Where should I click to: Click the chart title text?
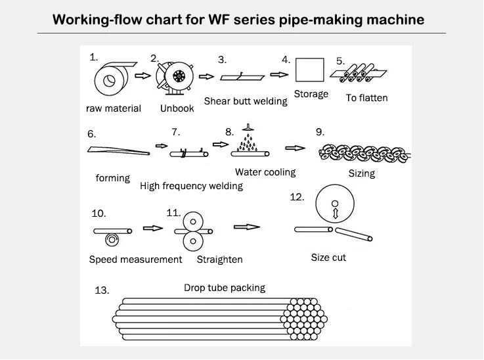pos(238,18)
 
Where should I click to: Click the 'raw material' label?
pos(113,108)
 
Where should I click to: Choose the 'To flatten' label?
pos(366,98)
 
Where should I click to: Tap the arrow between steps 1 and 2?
pos(143,76)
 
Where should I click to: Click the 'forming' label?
pos(112,178)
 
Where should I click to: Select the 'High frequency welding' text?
pos(191,186)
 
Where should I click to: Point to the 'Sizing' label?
pos(361,173)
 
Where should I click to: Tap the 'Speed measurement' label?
pos(135,259)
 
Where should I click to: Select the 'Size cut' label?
pos(328,258)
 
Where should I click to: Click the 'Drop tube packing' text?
pos(224,288)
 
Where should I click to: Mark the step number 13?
pos(102,290)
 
